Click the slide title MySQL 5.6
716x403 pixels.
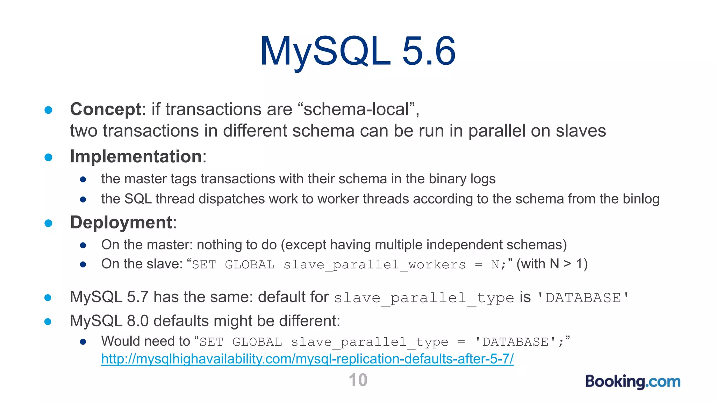pyautogui.click(x=358, y=51)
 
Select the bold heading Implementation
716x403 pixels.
pyautogui.click(x=136, y=156)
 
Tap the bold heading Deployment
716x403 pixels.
pyautogui.click(x=121, y=222)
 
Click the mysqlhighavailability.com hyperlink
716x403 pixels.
pyautogui.click(x=307, y=359)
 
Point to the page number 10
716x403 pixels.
pyautogui.click(x=358, y=380)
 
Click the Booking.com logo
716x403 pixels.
pyautogui.click(x=633, y=381)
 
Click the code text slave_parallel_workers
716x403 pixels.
pyautogui.click(x=374, y=265)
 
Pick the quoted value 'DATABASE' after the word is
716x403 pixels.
pyautogui.click(x=583, y=298)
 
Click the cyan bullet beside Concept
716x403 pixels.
pyautogui.click(x=48, y=110)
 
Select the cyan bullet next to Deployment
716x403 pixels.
pyautogui.click(x=48, y=223)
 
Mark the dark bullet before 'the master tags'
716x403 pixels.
pyautogui.click(x=83, y=180)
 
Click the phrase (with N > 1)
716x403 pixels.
pyautogui.click(x=552, y=264)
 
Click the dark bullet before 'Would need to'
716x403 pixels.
pyautogui.click(x=83, y=342)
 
